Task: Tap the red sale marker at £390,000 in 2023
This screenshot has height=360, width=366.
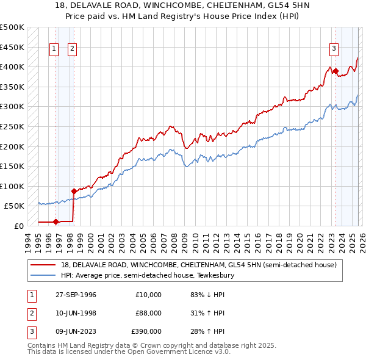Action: coord(335,71)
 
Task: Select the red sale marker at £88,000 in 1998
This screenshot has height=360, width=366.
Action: coord(74,191)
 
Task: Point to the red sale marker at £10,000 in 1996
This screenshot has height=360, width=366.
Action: coord(56,222)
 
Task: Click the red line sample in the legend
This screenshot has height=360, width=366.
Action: coord(43,265)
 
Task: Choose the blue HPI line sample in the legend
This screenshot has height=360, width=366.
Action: coord(43,276)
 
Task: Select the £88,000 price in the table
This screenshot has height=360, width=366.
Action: coord(149,313)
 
